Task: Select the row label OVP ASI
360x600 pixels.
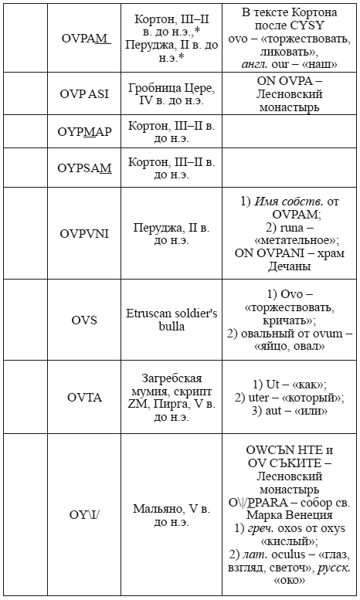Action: point(84,93)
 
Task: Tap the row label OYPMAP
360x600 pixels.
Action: point(84,131)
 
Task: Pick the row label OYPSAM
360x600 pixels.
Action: point(84,168)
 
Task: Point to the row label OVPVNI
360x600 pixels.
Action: point(84,234)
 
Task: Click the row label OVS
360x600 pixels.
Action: point(84,320)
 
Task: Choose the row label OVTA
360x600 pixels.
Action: point(84,397)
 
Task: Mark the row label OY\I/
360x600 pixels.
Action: point(84,516)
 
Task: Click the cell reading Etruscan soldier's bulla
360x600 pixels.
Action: point(171,320)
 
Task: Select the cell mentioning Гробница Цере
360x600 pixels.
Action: point(171,93)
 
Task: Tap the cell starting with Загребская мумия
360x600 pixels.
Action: point(171,397)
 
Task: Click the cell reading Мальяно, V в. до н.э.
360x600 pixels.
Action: point(171,516)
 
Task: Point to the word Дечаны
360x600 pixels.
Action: point(289,266)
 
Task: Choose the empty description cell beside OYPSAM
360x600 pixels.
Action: point(289,168)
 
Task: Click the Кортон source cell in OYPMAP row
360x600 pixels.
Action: point(171,131)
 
